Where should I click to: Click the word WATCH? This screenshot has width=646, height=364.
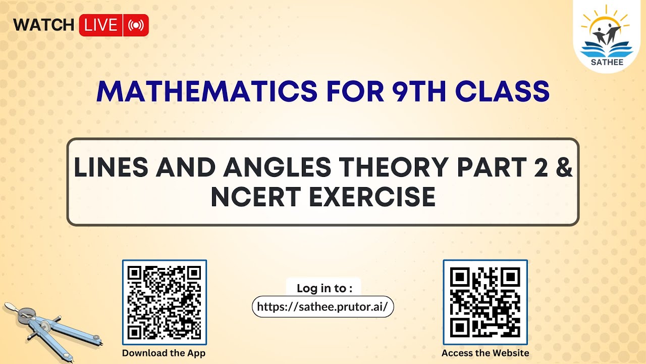[44, 25]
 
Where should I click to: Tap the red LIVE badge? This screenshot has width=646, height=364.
[101, 25]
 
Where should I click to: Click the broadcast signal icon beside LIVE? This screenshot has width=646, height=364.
[136, 25]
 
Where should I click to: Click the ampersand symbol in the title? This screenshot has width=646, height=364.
[563, 168]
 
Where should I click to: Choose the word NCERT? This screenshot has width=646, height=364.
[255, 197]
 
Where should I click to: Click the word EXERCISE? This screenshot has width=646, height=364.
[372, 197]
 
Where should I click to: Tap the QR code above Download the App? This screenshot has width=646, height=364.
[164, 302]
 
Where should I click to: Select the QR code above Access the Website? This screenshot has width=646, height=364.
[485, 302]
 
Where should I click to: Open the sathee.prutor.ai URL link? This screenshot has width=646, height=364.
[322, 306]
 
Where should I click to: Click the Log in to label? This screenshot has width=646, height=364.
[324, 288]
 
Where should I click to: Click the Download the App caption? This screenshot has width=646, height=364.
[164, 353]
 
